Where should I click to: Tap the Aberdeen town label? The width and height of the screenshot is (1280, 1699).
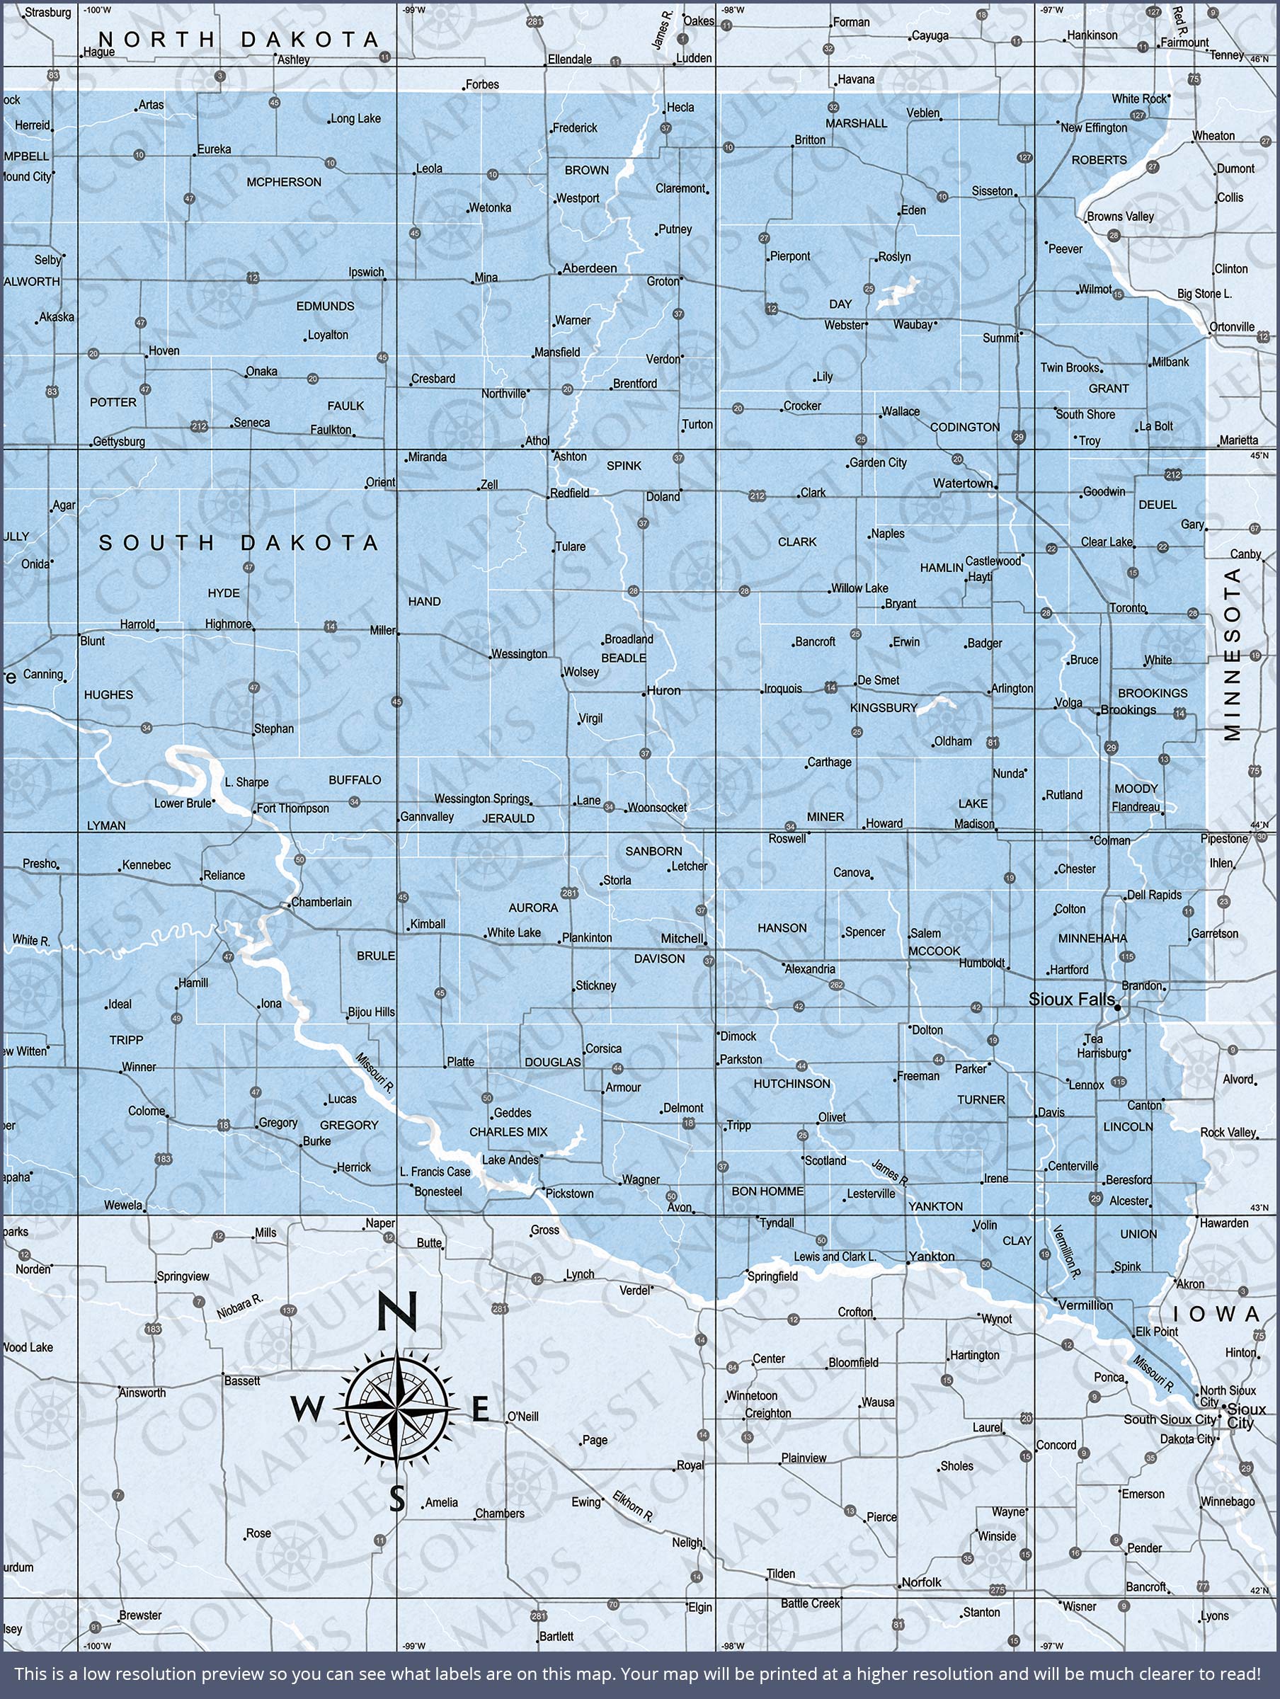coord(589,268)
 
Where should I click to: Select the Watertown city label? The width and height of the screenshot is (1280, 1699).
coord(963,483)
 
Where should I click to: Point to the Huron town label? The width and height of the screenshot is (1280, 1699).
coord(663,690)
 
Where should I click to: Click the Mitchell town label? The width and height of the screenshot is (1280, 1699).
coord(682,939)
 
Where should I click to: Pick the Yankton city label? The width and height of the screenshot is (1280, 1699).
coord(931,1257)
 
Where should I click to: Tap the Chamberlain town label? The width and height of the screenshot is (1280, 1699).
coord(321,902)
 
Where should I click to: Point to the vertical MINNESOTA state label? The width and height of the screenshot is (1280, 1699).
coord(1233,653)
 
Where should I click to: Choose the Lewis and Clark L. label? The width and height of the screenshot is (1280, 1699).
coord(835,1257)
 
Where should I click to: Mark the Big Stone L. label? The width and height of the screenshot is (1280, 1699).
coord(1204,293)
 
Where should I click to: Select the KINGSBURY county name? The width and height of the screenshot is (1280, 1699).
coord(884,707)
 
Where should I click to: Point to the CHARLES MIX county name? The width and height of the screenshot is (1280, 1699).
coord(508,1132)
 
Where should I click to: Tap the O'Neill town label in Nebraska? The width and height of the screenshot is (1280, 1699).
coord(522,1416)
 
